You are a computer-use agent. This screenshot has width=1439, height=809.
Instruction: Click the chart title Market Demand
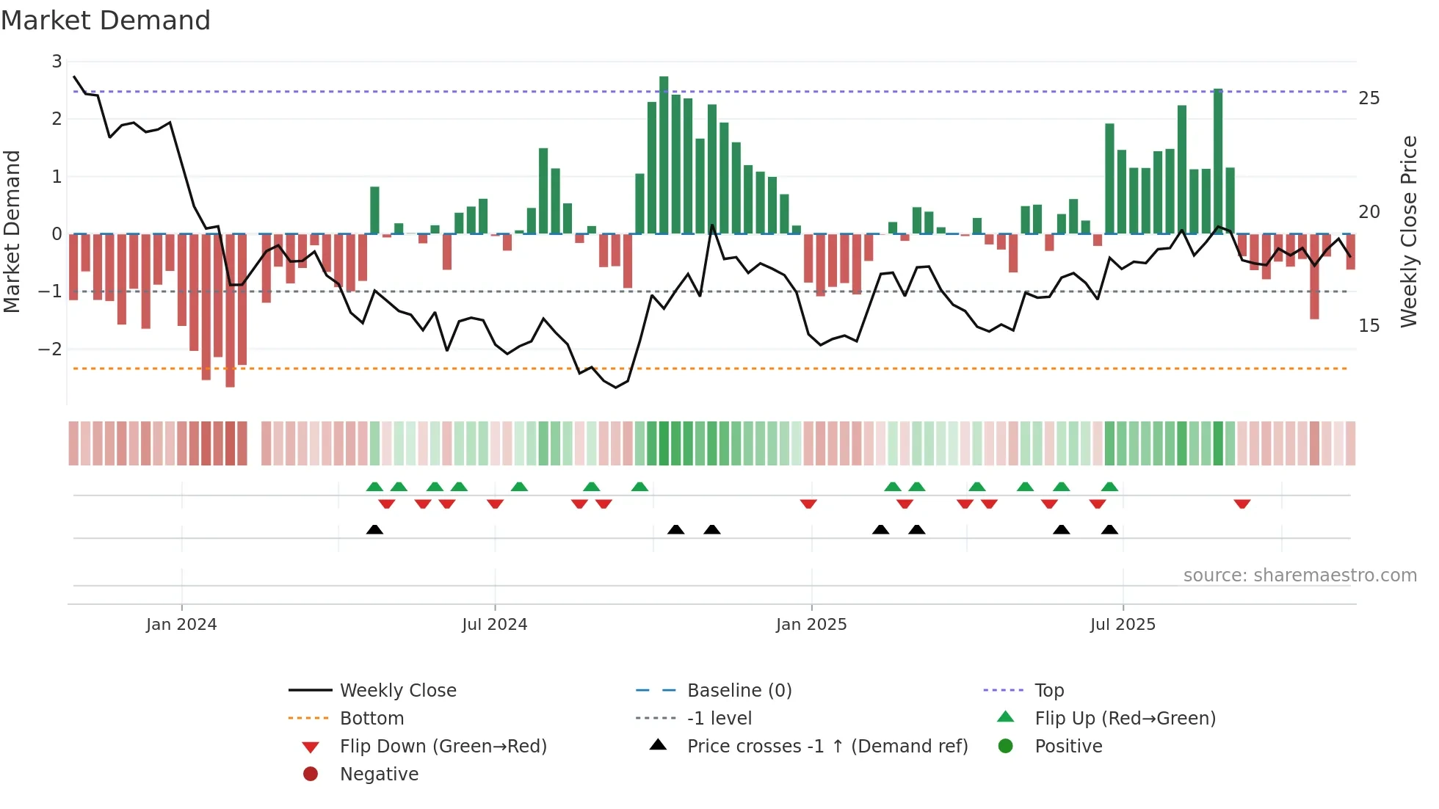(x=106, y=21)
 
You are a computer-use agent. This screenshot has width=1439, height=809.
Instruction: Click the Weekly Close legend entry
(x=397, y=690)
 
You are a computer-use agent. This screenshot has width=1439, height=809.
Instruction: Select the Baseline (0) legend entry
(x=739, y=690)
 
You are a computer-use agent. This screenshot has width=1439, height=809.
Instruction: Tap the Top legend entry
(x=1048, y=690)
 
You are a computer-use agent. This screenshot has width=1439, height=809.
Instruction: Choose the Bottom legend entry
(x=371, y=718)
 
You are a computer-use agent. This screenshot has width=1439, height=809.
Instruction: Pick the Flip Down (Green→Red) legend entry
(x=443, y=746)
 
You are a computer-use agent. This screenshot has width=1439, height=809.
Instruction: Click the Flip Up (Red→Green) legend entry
(x=1125, y=718)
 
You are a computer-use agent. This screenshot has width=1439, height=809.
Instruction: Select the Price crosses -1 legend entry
(x=827, y=746)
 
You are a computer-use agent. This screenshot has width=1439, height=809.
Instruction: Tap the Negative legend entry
(x=379, y=774)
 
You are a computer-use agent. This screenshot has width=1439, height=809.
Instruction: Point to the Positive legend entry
(x=1068, y=746)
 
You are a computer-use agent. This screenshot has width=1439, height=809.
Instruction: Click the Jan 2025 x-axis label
(x=811, y=625)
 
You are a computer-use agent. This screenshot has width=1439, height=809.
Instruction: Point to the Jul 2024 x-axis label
(x=494, y=625)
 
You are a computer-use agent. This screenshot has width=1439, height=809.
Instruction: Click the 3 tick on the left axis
(x=57, y=62)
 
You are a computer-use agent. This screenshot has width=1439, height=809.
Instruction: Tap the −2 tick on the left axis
(x=51, y=349)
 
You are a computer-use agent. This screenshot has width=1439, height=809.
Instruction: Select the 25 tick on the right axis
(x=1369, y=98)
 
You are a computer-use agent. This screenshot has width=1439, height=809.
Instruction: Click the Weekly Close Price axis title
(x=1408, y=231)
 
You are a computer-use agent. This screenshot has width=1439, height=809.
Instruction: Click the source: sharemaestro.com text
(x=1300, y=576)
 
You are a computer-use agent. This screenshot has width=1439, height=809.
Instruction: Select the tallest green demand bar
(x=664, y=154)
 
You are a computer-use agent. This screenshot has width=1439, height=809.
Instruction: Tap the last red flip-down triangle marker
(x=1242, y=504)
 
